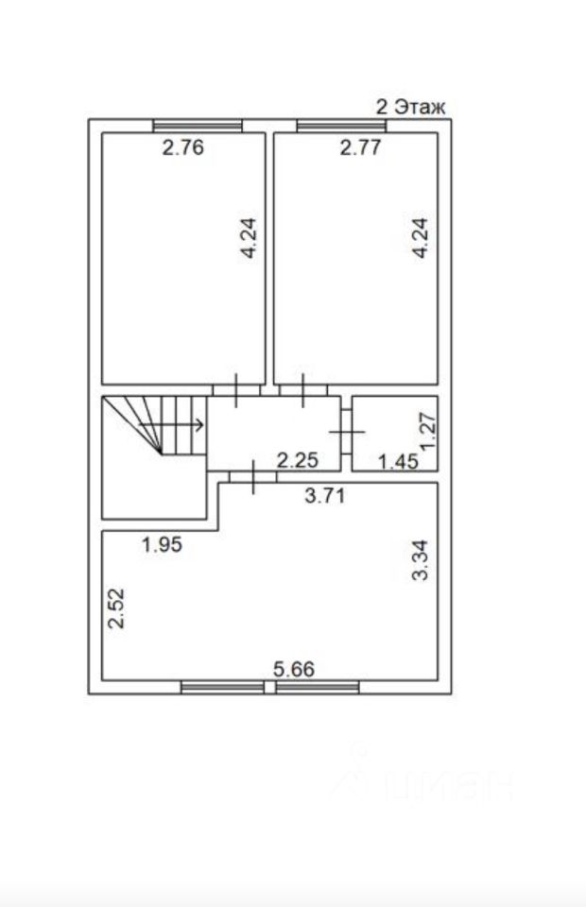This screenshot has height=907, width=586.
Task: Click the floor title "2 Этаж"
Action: tap(411, 107)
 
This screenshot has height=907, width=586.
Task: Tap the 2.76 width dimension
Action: tap(182, 147)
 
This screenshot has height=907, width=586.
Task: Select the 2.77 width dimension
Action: tap(360, 147)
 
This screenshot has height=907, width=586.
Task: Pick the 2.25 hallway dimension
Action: tap(298, 460)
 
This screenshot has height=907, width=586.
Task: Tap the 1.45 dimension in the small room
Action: tap(398, 462)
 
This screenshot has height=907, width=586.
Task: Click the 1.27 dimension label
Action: tap(427, 431)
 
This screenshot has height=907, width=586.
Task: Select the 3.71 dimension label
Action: tap(325, 496)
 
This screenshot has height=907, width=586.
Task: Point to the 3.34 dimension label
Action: tap(420, 560)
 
